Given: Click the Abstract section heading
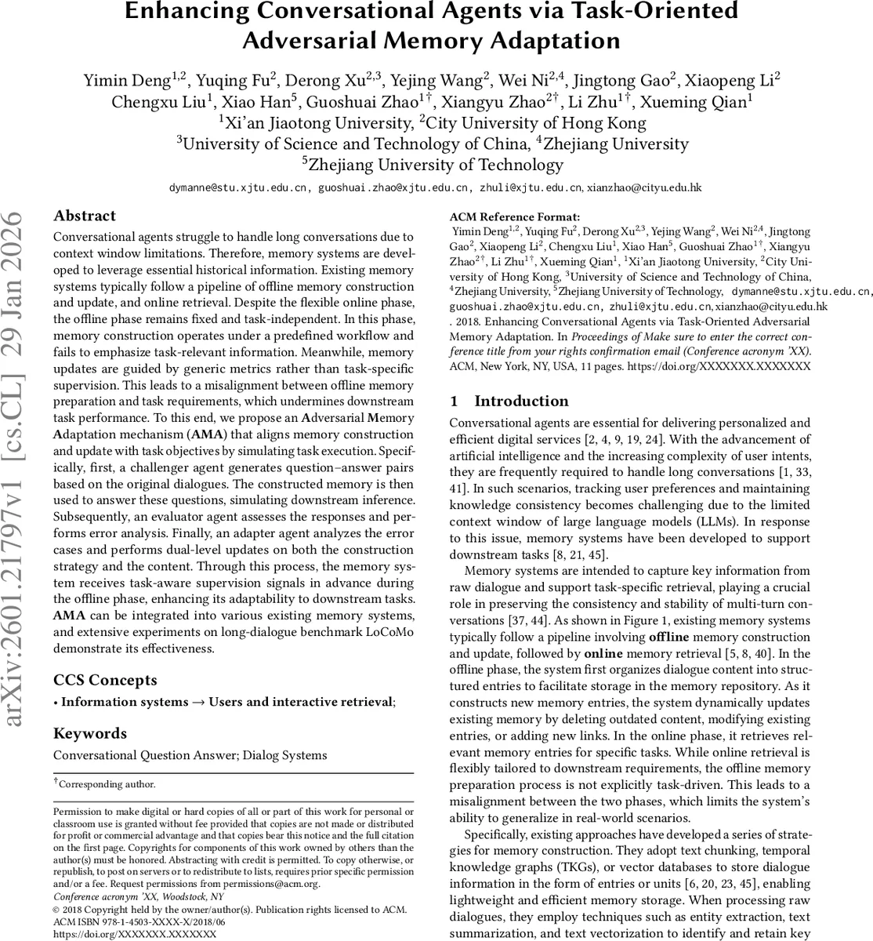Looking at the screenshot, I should click(84, 216).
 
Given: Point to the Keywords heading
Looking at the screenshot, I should click(89, 733).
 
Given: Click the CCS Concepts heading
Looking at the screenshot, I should click(105, 680).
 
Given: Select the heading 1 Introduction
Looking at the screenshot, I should click(509, 401).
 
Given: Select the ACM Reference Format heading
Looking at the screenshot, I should click(514, 217).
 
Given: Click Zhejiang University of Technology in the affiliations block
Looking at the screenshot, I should click(436, 165).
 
